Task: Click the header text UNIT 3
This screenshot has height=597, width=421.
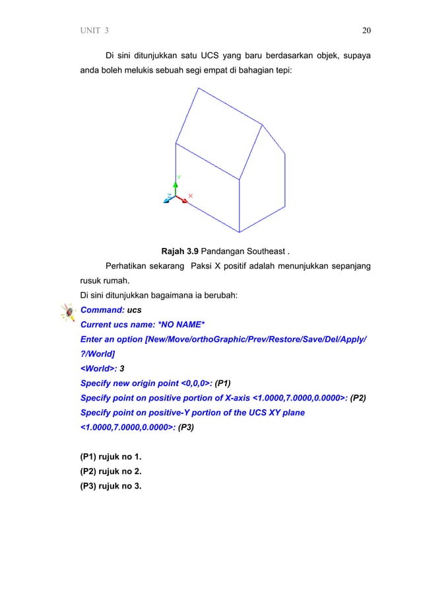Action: (95, 30)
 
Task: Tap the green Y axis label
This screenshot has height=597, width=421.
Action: (179, 177)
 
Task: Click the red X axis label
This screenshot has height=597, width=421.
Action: (191, 195)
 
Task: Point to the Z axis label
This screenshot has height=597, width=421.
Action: (169, 196)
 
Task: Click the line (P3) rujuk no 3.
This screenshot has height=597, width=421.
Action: (110, 489)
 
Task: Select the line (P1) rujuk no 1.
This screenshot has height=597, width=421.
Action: (110, 457)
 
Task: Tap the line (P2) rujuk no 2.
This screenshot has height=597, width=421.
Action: (110, 473)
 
